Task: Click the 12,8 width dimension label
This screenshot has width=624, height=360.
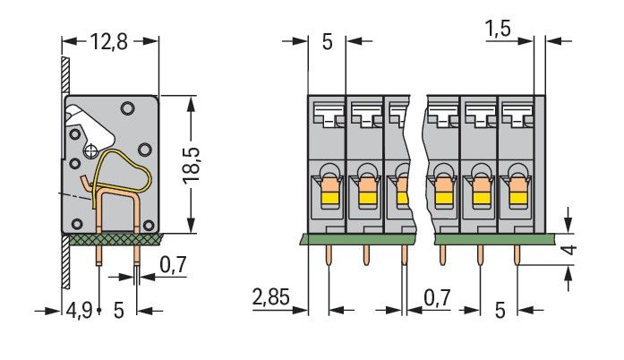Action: click(x=109, y=40)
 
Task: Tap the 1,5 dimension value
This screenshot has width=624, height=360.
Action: click(x=499, y=30)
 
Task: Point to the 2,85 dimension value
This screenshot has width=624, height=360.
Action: click(x=271, y=297)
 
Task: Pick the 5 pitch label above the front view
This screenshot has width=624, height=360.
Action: click(x=327, y=40)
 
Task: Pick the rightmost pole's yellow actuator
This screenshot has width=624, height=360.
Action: click(x=516, y=191)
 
